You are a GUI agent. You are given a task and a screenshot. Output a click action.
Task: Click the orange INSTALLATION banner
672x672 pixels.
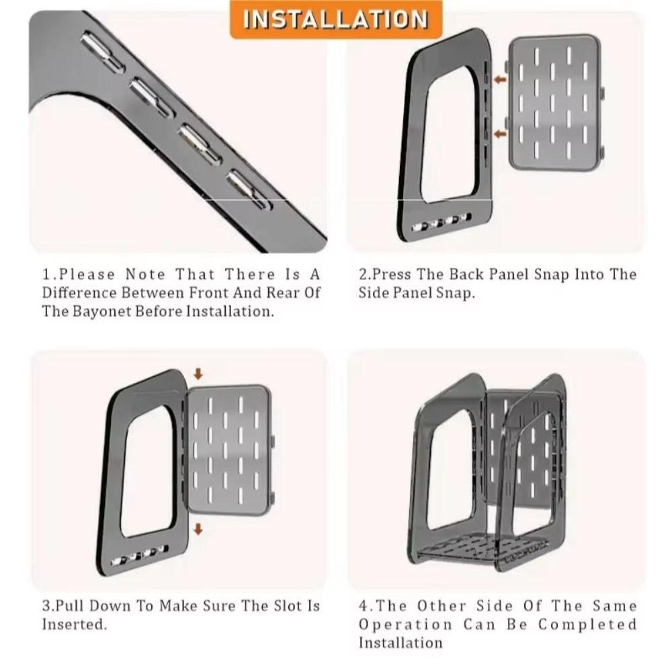tap(336, 19)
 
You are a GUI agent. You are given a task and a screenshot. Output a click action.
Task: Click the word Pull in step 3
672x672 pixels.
tap(69, 606)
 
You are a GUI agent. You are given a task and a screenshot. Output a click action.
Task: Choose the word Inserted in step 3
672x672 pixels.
tap(73, 624)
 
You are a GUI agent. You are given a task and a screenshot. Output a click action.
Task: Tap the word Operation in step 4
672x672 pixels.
tap(406, 625)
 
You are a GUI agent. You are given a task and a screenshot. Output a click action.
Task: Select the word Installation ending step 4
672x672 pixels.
tap(401, 643)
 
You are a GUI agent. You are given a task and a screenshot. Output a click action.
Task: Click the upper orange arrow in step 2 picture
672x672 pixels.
tap(500, 79)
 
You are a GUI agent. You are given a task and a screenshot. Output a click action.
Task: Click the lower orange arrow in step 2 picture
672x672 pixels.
tap(500, 134)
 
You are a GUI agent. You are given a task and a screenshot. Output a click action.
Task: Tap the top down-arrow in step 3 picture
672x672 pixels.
tap(198, 374)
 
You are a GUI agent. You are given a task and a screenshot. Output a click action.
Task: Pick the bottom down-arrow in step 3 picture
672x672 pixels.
tap(198, 529)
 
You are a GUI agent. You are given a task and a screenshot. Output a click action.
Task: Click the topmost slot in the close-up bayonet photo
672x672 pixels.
tap(102, 52)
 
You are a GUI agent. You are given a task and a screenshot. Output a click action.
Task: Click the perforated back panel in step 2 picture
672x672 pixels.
tap(554, 103)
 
